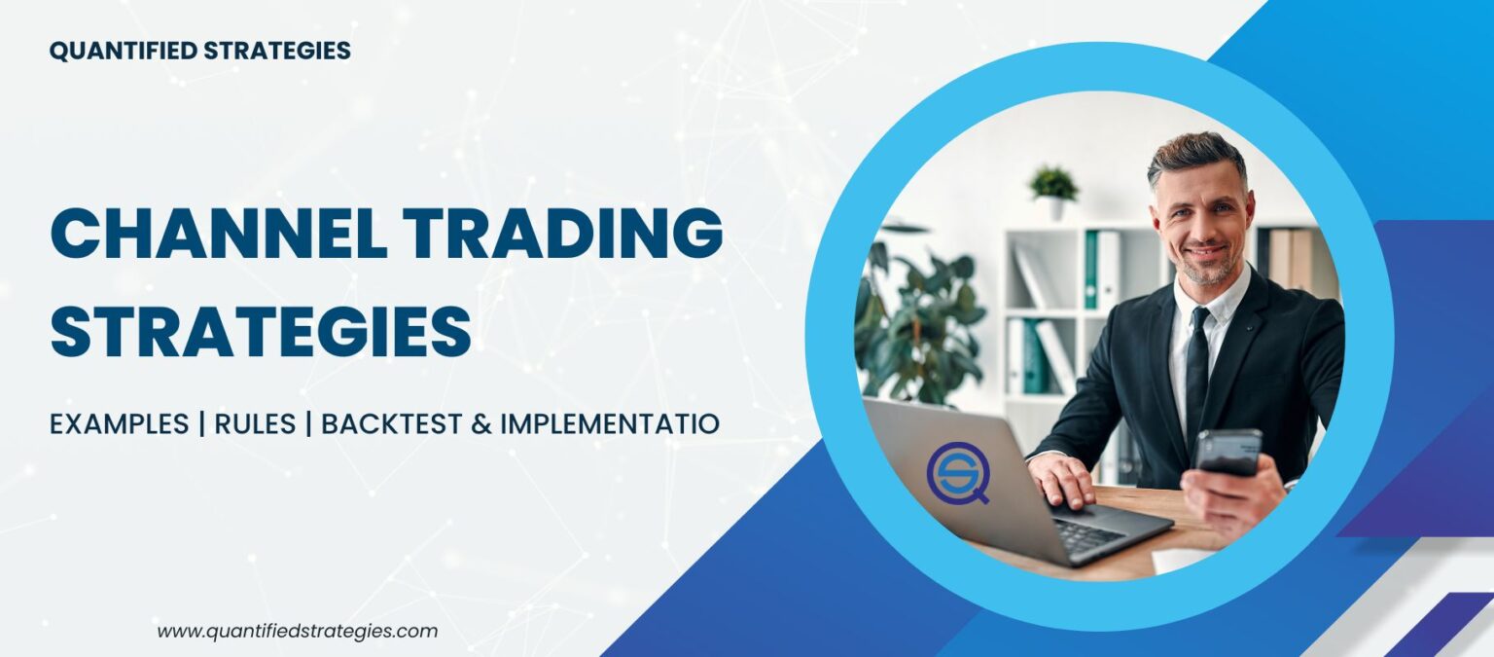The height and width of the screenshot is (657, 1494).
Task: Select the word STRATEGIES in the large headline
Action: pos(261,330)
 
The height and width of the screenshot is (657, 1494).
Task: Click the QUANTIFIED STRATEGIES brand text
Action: pos(199,52)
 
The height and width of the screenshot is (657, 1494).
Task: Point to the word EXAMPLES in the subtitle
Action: pos(120,424)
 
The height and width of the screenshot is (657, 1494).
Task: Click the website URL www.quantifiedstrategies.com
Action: pos(298,631)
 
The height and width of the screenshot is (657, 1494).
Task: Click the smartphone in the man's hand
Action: pos(1228,451)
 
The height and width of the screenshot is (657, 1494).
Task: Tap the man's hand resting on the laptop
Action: pos(1062,479)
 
